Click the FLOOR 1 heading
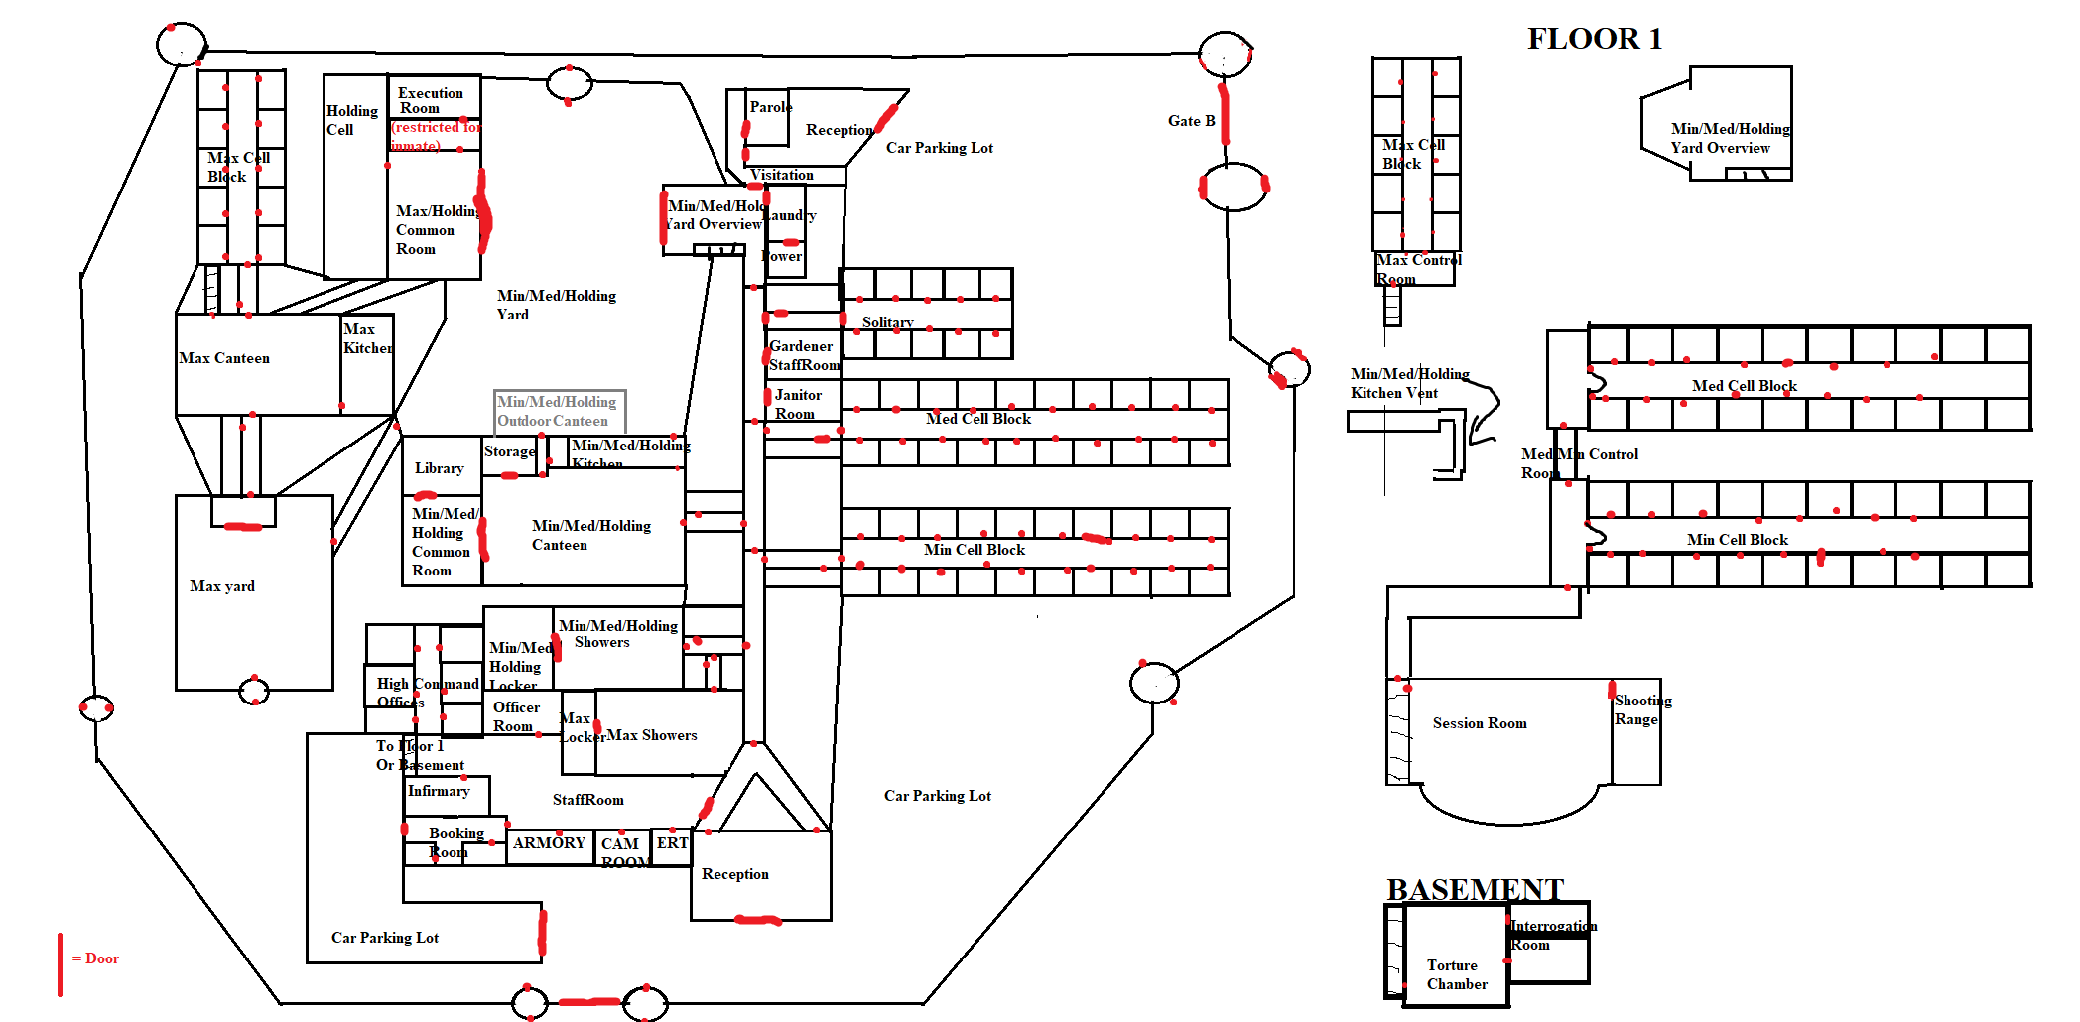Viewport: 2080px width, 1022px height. click(x=1594, y=39)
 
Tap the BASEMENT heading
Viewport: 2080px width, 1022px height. click(x=1475, y=889)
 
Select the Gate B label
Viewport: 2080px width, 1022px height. click(x=1191, y=121)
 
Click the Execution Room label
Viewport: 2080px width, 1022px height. click(x=431, y=100)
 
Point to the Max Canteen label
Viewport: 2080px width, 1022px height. click(x=224, y=358)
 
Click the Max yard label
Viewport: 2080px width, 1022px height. click(x=222, y=586)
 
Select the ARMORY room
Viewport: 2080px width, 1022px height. click(x=549, y=843)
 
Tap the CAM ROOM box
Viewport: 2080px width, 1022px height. click(x=622, y=851)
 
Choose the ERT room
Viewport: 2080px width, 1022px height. click(x=672, y=843)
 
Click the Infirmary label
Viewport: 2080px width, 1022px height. click(x=439, y=791)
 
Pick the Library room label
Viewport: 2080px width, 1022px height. click(x=439, y=468)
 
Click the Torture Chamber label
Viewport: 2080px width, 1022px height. click(x=1457, y=974)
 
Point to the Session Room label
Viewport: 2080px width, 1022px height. click(x=1480, y=723)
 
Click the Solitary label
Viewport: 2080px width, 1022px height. click(x=887, y=322)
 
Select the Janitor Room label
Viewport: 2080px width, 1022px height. click(x=797, y=404)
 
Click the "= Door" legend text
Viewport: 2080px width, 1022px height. click(x=96, y=958)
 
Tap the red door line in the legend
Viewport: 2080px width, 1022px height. click(x=60, y=963)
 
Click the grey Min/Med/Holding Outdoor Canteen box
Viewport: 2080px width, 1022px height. click(x=560, y=411)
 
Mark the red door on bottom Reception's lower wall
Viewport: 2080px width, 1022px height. click(x=758, y=921)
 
